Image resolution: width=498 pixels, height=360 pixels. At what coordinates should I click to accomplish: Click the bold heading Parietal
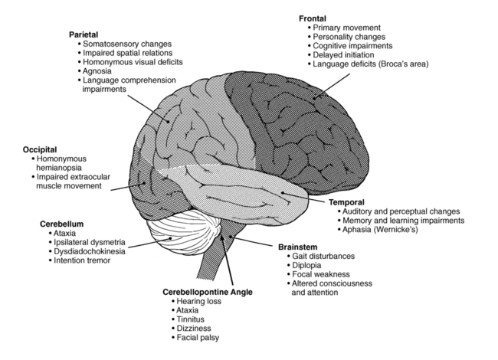[x=84, y=34]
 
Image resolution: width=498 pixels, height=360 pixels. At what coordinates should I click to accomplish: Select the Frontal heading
[x=313, y=18]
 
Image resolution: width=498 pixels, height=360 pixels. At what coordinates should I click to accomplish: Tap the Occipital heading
[x=40, y=149]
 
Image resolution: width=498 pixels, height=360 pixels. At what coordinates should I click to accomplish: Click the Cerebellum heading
[x=61, y=224]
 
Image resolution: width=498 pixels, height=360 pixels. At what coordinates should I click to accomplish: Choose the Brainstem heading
[x=297, y=247]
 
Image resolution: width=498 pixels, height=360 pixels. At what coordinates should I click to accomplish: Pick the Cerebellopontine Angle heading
[x=208, y=292]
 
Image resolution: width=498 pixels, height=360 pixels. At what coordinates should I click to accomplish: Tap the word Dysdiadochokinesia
[x=89, y=251]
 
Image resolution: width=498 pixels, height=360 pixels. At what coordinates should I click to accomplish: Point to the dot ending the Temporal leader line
[x=283, y=193]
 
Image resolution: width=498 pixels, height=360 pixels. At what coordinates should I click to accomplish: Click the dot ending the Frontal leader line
[x=314, y=98]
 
